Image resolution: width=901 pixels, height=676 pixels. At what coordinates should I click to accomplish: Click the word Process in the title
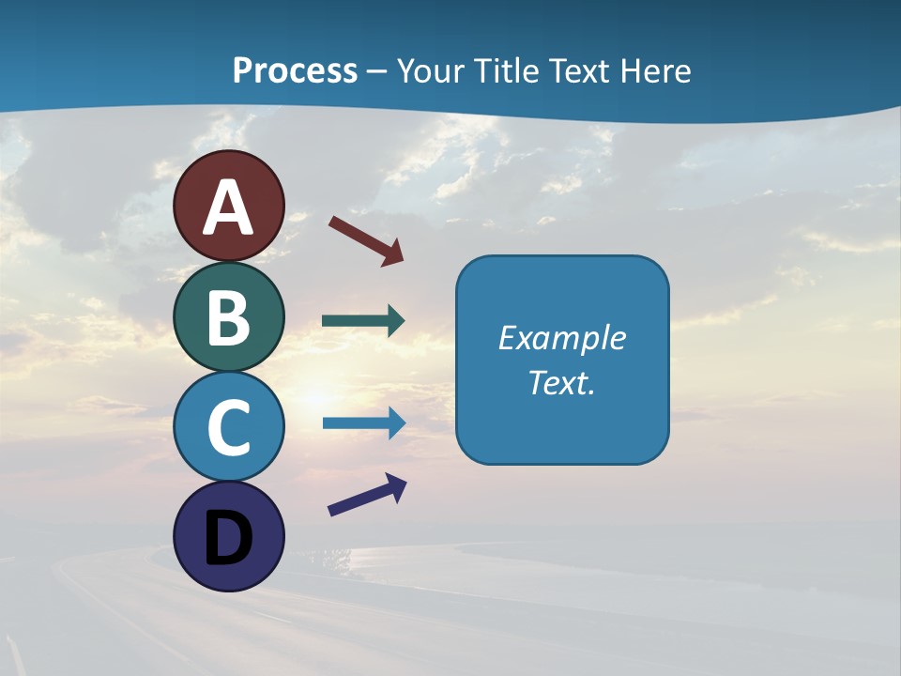(x=295, y=71)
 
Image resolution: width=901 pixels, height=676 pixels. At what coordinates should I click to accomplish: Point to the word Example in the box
(x=561, y=338)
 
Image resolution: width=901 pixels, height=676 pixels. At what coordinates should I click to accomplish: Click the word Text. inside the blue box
(x=561, y=382)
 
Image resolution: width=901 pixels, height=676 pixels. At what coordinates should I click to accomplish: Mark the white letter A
(x=228, y=208)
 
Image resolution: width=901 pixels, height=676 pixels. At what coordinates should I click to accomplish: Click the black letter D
(x=228, y=539)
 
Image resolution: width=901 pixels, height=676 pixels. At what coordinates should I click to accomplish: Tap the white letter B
(x=228, y=317)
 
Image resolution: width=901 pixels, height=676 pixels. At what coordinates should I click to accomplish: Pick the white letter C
(x=228, y=428)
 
